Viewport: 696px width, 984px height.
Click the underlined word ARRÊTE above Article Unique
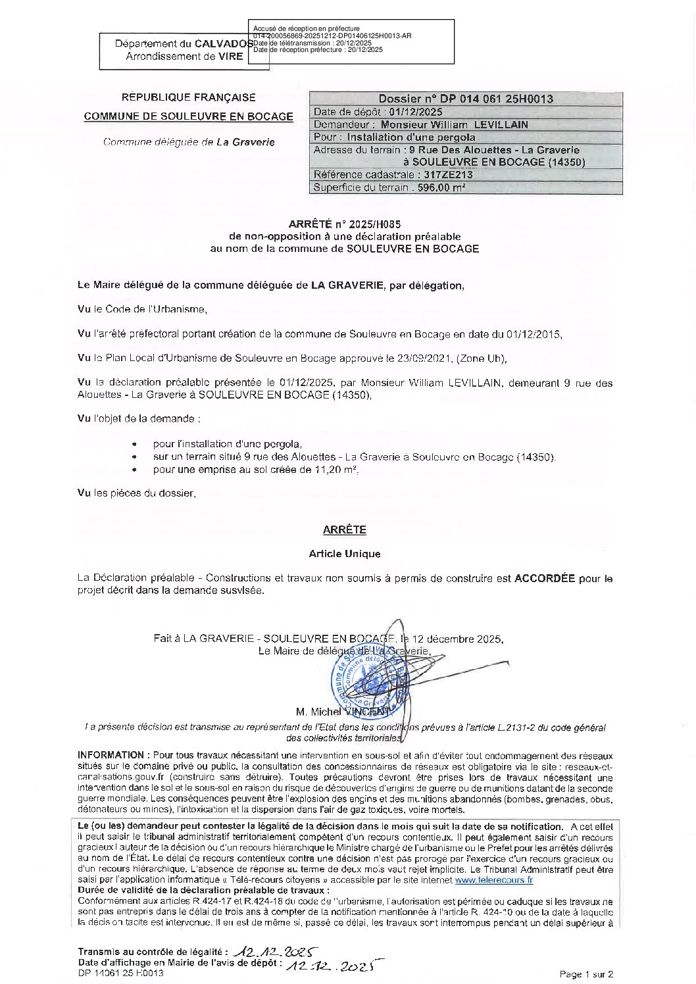[345, 529]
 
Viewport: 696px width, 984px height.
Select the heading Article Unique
[345, 554]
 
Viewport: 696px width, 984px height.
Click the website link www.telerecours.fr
[493, 879]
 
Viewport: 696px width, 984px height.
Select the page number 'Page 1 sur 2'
[586, 974]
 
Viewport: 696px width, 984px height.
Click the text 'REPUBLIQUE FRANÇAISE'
[189, 97]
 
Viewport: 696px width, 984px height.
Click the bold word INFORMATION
[111, 754]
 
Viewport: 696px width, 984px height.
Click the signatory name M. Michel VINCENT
[342, 712]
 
